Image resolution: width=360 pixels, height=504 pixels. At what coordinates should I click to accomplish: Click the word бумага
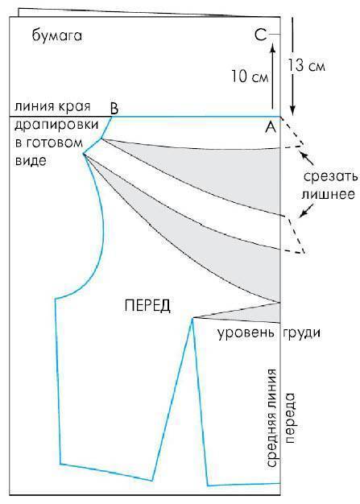57,35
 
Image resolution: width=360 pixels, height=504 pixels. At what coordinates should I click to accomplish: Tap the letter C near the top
261,35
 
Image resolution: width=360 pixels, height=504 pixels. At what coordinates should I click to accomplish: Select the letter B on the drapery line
114,109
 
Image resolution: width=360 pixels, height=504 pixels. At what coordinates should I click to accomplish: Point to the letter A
271,127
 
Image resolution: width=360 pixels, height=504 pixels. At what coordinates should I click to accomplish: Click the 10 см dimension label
250,76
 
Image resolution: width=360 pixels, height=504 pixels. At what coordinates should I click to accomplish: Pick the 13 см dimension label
306,65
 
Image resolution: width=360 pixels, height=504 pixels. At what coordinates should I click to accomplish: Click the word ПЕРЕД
147,305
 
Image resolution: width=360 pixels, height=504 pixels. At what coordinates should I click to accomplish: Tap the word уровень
246,333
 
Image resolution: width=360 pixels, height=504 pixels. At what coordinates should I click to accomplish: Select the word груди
301,333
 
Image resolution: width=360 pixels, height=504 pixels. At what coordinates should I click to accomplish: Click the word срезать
330,177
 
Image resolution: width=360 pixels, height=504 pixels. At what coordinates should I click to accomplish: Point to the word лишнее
328,195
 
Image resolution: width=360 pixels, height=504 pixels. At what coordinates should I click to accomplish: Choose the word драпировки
56,125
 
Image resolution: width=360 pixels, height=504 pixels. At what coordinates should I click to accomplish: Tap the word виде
31,160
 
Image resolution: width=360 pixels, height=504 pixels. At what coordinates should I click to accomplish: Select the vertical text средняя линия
271,418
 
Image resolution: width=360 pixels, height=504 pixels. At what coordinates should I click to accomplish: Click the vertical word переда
289,418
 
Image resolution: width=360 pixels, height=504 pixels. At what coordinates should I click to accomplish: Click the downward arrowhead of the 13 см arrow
292,110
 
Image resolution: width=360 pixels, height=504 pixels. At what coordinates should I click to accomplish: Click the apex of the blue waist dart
192,318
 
